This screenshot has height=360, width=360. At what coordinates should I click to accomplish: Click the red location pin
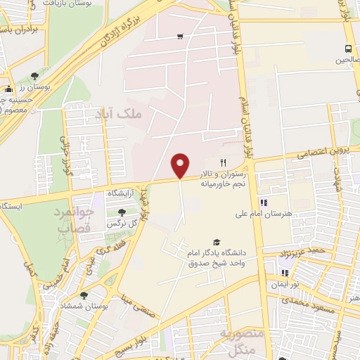(181, 165)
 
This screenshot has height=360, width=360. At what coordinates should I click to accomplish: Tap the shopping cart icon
(181, 37)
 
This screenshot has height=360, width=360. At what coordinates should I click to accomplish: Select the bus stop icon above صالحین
(348, 49)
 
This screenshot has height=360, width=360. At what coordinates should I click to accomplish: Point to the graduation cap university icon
(216, 242)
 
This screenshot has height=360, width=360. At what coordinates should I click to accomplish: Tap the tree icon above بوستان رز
(34, 75)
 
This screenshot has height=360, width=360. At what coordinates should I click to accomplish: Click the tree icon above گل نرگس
(122, 212)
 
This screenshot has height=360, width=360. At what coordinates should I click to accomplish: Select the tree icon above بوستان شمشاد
(84, 295)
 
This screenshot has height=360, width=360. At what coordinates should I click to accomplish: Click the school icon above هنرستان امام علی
(264, 202)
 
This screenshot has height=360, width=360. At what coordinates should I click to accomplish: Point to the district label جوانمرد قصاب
(70, 219)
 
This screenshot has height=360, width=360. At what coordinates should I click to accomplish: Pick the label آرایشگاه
(122, 192)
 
